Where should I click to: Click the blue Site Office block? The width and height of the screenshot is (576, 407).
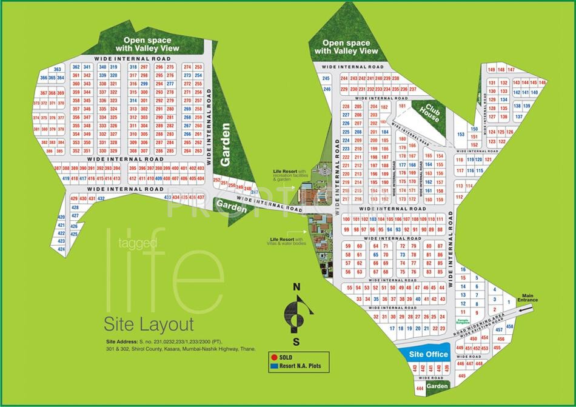click(428, 354)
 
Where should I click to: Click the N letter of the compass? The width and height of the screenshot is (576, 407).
click(296, 288)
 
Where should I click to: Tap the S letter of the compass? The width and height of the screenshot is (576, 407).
click(296, 341)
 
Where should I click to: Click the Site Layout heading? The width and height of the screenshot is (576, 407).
click(149, 323)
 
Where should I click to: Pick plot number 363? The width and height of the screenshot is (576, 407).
click(58, 70)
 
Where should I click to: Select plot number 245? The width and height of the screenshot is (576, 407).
click(326, 79)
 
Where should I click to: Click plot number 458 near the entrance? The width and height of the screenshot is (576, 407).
click(509, 326)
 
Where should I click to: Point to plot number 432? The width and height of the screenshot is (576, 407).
click(101, 198)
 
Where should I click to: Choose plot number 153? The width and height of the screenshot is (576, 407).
click(460, 134)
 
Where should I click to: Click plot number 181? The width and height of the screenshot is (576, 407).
click(400, 106)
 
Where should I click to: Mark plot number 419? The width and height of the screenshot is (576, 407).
click(65, 178)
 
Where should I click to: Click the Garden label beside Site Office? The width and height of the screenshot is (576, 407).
click(437, 386)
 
